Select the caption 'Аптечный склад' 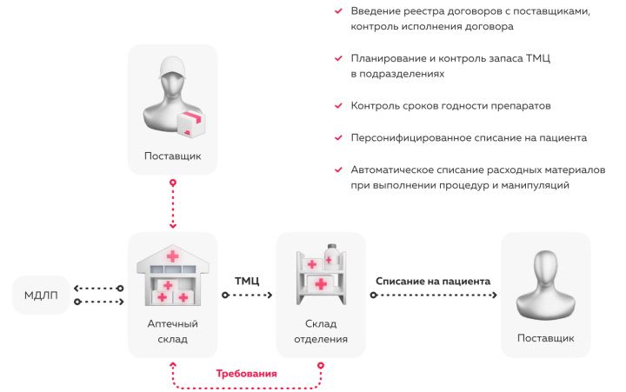point(172,330)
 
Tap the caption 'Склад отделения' point(320,330)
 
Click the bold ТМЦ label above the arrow point(247,281)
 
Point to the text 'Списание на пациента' point(433,281)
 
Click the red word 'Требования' point(246,373)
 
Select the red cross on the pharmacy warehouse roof point(173,256)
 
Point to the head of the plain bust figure point(545,270)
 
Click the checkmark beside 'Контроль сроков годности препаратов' point(337,106)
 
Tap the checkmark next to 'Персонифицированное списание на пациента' point(337,137)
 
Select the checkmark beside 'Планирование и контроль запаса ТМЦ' point(337,59)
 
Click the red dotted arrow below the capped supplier point(172,205)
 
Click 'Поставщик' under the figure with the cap point(172,157)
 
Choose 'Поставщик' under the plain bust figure point(545,337)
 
